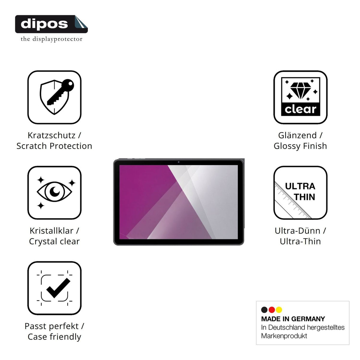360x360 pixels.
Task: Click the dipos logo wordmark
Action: pyautogui.click(x=44, y=24)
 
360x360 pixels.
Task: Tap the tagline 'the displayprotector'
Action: pyautogui.click(x=51, y=39)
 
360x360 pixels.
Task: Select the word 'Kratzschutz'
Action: pyautogui.click(x=52, y=135)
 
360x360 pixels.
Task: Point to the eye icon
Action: pyautogui.click(x=54, y=191)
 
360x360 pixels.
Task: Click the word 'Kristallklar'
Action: pyautogui.click(x=52, y=231)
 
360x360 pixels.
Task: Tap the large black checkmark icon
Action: pyautogui.click(x=58, y=288)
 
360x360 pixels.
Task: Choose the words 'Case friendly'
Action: pyautogui.click(x=54, y=337)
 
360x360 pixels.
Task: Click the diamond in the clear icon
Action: pyautogui.click(x=301, y=91)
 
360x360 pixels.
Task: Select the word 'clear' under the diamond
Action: pyautogui.click(x=301, y=109)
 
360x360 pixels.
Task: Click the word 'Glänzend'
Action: pyautogui.click(x=297, y=135)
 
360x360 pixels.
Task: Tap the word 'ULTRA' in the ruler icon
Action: pyautogui.click(x=300, y=186)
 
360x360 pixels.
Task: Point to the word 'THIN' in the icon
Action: pyautogui.click(x=304, y=197)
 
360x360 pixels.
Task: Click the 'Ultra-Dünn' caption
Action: pyautogui.click(x=297, y=231)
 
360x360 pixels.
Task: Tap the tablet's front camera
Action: pyautogui.click(x=178, y=162)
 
